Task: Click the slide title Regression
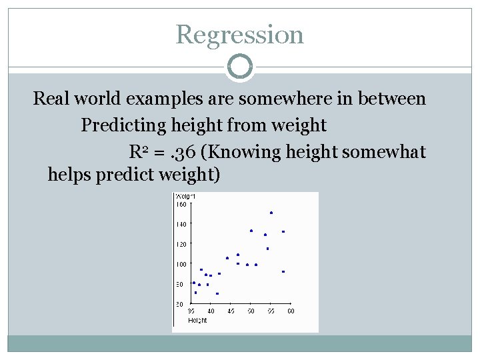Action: click(239, 35)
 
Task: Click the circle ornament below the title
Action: click(240, 67)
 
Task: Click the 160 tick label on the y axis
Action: click(181, 205)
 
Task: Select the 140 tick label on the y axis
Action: click(181, 225)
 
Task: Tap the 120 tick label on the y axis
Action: click(181, 245)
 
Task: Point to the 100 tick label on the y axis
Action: click(181, 265)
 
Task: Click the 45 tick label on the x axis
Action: click(231, 311)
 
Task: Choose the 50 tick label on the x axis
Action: click(251, 311)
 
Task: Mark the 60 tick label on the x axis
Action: click(291, 311)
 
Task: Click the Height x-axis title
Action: click(197, 320)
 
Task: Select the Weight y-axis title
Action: click(185, 196)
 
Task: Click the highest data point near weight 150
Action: click(271, 213)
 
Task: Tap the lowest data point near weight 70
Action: click(217, 293)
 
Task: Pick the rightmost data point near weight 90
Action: click(283, 271)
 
